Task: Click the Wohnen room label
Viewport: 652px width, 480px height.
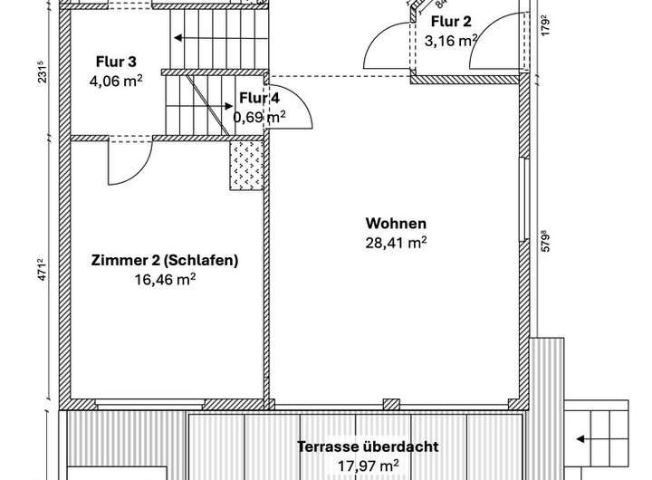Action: pyautogui.click(x=396, y=224)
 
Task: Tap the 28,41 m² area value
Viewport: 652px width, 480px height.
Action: pyautogui.click(x=396, y=242)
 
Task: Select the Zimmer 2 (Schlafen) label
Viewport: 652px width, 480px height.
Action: pyautogui.click(x=165, y=261)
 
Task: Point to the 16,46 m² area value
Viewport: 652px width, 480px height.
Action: pyautogui.click(x=165, y=280)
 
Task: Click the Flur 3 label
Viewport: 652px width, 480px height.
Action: pyautogui.click(x=116, y=62)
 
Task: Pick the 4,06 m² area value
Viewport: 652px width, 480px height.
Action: pyautogui.click(x=116, y=80)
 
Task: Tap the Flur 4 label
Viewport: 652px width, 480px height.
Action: pyautogui.click(x=259, y=98)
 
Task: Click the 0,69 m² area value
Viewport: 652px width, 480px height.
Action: pyautogui.click(x=259, y=116)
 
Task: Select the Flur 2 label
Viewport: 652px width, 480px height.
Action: pyautogui.click(x=450, y=22)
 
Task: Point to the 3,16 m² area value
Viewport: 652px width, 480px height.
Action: pyautogui.click(x=450, y=40)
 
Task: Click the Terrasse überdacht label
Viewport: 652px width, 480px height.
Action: pyautogui.click(x=369, y=446)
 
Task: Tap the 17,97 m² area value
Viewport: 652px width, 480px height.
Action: pyautogui.click(x=369, y=465)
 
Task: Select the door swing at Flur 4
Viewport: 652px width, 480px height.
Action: pyautogui.click(x=292, y=108)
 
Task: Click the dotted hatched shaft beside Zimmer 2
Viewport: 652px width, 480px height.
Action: pyautogui.click(x=246, y=165)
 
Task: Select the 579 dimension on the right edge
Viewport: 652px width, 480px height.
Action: pyautogui.click(x=545, y=244)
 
